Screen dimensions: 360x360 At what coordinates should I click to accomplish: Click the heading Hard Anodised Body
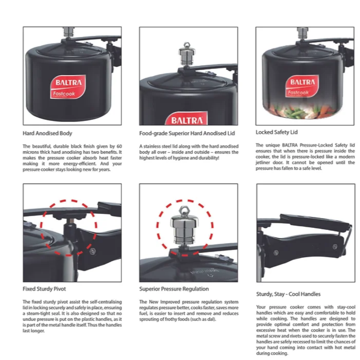pos(47,133)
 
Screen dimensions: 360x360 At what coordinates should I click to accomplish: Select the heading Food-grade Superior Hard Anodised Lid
pos(187,133)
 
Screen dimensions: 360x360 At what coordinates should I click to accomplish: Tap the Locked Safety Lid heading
pos(277,132)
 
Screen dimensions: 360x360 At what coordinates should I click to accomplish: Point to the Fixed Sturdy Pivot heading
pos(44,289)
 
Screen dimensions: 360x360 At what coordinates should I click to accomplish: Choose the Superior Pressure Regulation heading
pos(174,289)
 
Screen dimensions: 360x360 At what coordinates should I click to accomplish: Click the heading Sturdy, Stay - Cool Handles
pos(288,294)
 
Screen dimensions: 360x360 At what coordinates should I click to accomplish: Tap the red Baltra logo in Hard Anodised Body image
pos(68,87)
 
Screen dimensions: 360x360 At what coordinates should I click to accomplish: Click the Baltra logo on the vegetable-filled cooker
pos(302,86)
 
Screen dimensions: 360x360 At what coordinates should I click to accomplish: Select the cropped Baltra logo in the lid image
pos(186,118)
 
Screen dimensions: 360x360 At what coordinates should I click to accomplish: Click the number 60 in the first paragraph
pos(119,146)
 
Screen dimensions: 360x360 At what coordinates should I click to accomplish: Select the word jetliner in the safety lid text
pos(263,163)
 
